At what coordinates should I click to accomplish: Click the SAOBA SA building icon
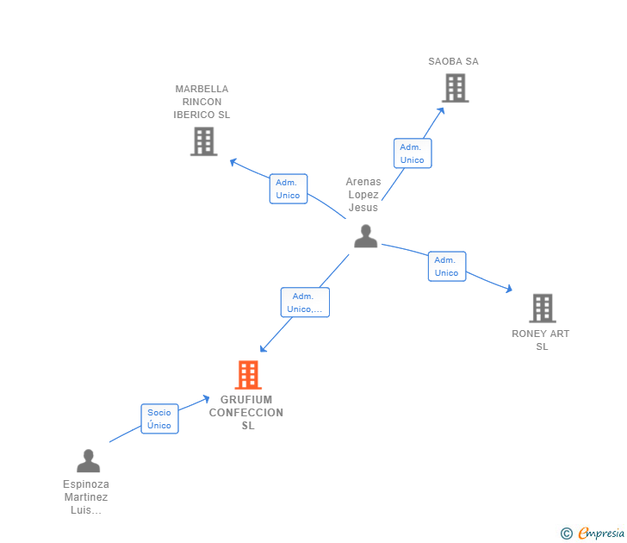coord(455,88)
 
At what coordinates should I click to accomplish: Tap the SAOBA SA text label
coord(453,61)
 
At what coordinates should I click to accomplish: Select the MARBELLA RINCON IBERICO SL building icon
coord(203,141)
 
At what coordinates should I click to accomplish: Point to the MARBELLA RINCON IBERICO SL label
coord(202,102)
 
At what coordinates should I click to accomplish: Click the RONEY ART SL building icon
coord(542,308)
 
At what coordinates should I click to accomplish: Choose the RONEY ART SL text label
coord(541,340)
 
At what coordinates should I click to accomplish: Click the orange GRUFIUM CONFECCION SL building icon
coord(248,375)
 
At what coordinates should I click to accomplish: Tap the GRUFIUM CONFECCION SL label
coord(246,412)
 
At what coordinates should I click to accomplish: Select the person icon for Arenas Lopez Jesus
coord(366,236)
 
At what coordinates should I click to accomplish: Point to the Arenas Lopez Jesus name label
coord(363,194)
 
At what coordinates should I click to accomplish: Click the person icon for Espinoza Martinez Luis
coord(88,461)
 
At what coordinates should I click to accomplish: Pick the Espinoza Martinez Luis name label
coord(86,497)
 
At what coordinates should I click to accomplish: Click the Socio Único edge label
coord(159,419)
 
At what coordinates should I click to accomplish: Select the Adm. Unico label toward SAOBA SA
coord(412,153)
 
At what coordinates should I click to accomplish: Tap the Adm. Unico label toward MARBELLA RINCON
coord(288,189)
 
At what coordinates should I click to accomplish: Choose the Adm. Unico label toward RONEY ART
coord(446,266)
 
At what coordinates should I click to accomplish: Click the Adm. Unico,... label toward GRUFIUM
coord(305,303)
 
